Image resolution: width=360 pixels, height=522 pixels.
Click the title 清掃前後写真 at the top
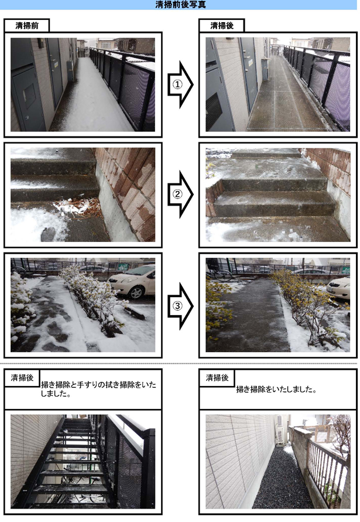(x=180, y=4)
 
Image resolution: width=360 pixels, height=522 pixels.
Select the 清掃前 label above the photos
(x=27, y=26)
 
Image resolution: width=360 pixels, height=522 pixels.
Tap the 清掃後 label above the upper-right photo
(x=222, y=26)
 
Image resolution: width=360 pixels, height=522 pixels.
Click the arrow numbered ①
(x=180, y=84)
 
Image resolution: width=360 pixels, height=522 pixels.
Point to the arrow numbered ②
(x=180, y=194)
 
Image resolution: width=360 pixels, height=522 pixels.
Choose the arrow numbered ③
(x=180, y=306)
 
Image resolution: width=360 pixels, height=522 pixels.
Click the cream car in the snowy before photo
(x=132, y=281)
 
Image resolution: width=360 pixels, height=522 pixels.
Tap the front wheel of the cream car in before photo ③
(x=136, y=292)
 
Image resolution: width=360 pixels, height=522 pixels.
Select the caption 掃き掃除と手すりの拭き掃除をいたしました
(x=98, y=389)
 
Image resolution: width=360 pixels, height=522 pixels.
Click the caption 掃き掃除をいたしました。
(x=276, y=389)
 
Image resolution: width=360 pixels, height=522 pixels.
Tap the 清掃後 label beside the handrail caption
(x=22, y=377)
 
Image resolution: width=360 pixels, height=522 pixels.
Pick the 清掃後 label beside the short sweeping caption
(x=217, y=377)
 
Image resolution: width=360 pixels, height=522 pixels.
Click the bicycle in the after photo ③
(x=220, y=274)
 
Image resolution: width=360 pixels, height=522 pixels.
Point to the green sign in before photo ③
(x=124, y=267)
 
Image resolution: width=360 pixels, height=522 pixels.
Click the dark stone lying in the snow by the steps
(x=48, y=234)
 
